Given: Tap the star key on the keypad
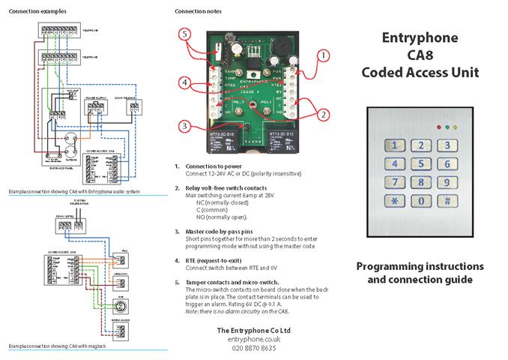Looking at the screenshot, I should point(394,201).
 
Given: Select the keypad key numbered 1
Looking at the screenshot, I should point(394,146).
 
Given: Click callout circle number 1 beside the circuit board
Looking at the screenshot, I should point(322,55).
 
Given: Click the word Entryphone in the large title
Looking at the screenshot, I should point(420,38).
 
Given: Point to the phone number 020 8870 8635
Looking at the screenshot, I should point(253,349).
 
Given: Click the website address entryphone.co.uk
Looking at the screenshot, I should point(253,340).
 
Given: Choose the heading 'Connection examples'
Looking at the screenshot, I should point(32,11).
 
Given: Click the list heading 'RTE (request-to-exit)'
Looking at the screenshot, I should point(217,259).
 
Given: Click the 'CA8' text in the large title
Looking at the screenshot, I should point(420,55).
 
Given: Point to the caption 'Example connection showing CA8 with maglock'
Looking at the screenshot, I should point(56,346).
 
